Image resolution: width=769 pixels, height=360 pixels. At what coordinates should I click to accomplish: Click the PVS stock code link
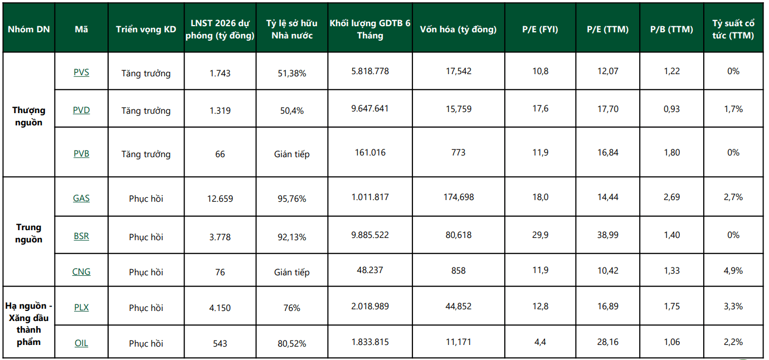[81, 72]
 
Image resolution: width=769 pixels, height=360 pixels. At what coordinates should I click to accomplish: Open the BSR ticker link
[81, 236]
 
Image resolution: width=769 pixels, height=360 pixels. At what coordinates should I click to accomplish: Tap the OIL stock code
[81, 343]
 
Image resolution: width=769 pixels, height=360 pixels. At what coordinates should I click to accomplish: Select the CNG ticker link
[81, 272]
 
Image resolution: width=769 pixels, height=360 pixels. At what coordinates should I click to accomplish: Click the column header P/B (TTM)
[671, 29]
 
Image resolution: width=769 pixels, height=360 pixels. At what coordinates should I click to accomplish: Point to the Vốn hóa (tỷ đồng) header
[458, 29]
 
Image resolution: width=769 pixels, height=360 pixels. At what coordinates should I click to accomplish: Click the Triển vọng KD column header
[146, 29]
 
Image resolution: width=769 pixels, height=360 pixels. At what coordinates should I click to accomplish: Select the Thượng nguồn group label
[29, 116]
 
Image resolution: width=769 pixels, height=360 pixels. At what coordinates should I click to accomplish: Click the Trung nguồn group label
[29, 233]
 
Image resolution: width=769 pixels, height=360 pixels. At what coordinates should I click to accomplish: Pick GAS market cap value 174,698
[459, 197]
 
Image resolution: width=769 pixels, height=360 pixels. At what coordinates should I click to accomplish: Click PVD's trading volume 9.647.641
[370, 109]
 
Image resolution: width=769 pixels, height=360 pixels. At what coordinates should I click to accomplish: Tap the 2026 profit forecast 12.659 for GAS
[220, 198]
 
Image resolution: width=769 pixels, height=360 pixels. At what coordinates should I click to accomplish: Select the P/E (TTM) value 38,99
[607, 235]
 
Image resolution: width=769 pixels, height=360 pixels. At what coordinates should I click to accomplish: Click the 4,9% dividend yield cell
[733, 270]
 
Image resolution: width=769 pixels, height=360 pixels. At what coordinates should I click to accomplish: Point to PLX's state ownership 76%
[292, 308]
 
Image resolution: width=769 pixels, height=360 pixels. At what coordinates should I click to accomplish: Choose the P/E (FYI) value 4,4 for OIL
[540, 342]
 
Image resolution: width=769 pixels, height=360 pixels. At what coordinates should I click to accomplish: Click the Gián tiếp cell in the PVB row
[292, 154]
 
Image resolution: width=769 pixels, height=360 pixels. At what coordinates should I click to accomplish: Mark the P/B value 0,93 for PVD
[671, 109]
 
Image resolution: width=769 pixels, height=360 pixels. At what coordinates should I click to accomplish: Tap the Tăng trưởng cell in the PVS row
[146, 74]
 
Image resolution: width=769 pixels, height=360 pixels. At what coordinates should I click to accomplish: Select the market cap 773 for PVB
[458, 152]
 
